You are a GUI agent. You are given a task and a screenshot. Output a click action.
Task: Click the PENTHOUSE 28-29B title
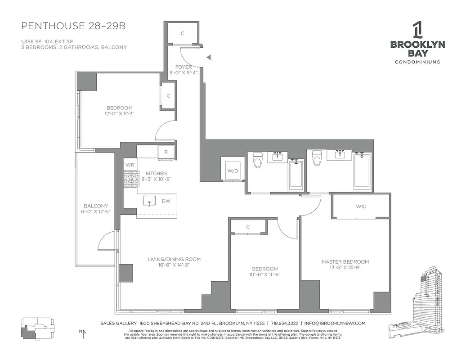[73, 26]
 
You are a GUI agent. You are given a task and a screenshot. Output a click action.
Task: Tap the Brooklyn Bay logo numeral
[417, 30]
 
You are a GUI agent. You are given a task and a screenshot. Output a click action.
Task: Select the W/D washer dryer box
[233, 171]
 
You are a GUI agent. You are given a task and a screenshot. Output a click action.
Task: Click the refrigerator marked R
[166, 152]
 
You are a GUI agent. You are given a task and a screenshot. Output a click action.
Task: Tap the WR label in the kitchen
[130, 165]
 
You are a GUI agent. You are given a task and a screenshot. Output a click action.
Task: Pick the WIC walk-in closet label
[361, 206]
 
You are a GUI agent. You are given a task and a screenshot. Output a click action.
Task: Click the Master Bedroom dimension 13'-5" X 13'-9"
[345, 268]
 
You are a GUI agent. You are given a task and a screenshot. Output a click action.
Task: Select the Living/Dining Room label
[174, 259]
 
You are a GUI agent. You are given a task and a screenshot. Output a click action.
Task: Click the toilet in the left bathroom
[258, 160]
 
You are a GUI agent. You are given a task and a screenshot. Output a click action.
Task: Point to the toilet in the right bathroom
[317, 159]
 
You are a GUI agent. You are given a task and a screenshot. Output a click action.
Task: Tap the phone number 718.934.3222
[286, 323]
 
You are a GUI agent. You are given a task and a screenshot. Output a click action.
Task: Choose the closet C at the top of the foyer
[182, 33]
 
